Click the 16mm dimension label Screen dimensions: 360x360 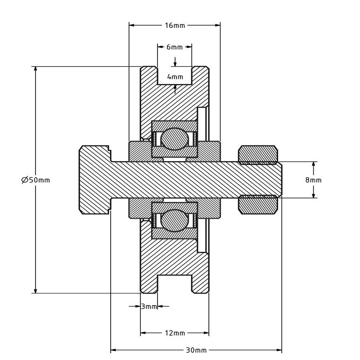coord(175,25)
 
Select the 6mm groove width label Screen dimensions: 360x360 coord(175,47)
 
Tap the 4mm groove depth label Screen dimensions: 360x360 coord(175,76)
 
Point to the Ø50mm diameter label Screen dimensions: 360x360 coord(36,180)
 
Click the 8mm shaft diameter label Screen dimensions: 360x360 coord(313,180)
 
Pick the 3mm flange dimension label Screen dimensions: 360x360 coord(149,306)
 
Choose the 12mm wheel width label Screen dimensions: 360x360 coord(175,333)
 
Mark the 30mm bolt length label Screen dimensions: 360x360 coord(196,351)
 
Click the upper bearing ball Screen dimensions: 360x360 coord(175,139)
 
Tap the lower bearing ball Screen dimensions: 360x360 coord(175,220)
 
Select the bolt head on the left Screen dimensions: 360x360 coord(95,180)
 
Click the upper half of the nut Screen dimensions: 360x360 coord(258,155)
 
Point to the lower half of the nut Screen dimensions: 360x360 coord(258,205)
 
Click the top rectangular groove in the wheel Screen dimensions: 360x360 coord(175,75)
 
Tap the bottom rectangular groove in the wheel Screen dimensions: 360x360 coord(175,284)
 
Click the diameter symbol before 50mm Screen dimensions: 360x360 coord(25,180)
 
